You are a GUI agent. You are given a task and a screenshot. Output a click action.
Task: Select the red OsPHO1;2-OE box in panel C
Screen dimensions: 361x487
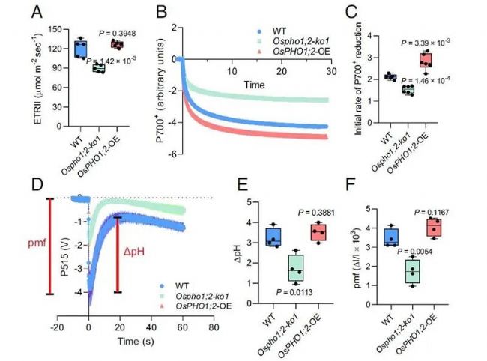click(425, 61)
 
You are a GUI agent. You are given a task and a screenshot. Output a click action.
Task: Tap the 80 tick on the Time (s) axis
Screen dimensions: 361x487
click(214, 328)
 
